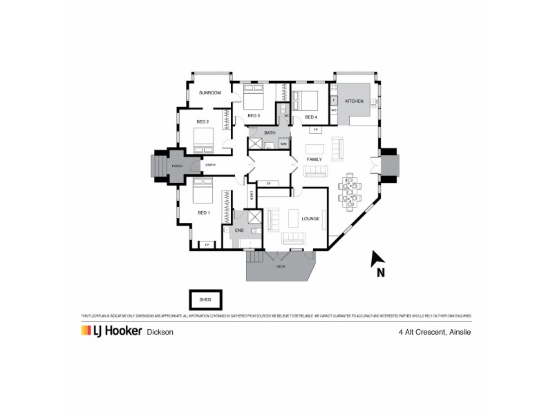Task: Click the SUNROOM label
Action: coord(209,92)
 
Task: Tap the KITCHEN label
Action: coord(354,101)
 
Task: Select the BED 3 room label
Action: coord(253,115)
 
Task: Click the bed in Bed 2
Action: coord(205,141)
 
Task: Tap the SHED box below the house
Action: coord(205,300)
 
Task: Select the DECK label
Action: coord(281,266)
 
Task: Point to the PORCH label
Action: coord(178,166)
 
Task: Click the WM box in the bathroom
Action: coord(283,144)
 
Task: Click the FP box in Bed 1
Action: coord(206,244)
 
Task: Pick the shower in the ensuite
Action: coord(254,219)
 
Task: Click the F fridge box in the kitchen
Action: coord(333,100)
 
